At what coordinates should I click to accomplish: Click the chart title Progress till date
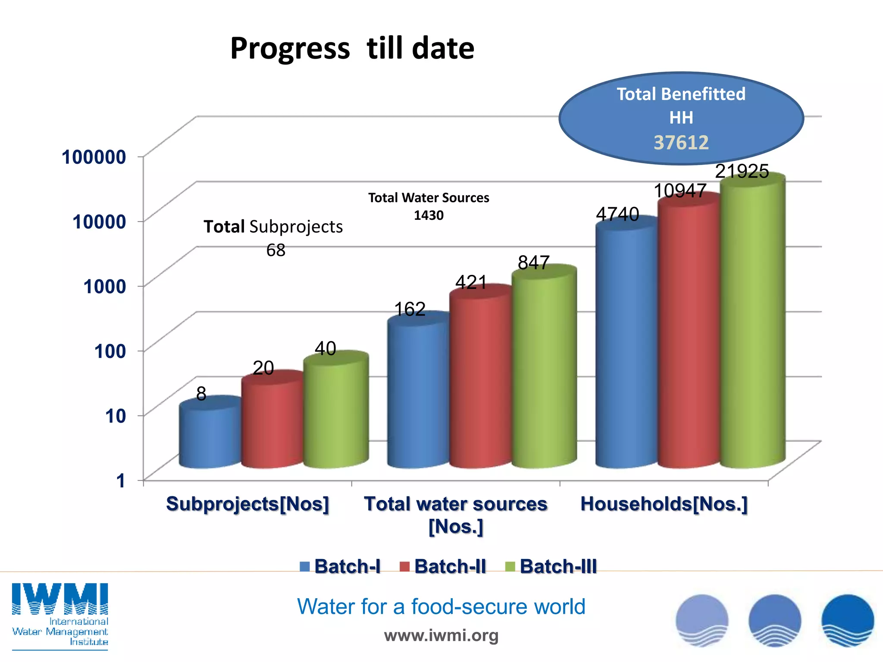(352, 48)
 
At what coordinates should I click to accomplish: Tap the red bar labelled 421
(480, 379)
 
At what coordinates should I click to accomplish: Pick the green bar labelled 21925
(752, 323)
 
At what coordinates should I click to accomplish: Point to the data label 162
(410, 309)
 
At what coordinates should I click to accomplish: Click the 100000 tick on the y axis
(94, 157)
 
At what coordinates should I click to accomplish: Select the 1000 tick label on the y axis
(105, 287)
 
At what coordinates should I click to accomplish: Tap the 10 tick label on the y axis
(116, 416)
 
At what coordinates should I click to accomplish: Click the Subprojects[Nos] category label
(247, 504)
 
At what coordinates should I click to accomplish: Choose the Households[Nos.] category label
(664, 504)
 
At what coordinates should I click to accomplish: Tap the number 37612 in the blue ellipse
(681, 143)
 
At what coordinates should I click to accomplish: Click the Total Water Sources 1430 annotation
(429, 206)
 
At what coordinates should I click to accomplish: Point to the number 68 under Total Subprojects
(276, 250)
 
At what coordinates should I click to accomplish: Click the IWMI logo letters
(60, 599)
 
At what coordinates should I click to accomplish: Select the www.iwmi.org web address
(441, 635)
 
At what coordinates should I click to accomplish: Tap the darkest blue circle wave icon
(847, 620)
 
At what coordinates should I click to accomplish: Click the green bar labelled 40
(336, 412)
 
